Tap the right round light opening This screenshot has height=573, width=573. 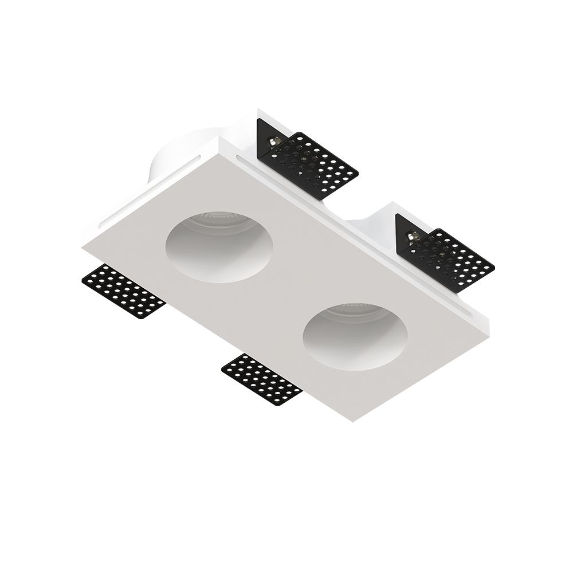[355, 337]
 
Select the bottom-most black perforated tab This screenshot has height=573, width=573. [262, 379]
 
